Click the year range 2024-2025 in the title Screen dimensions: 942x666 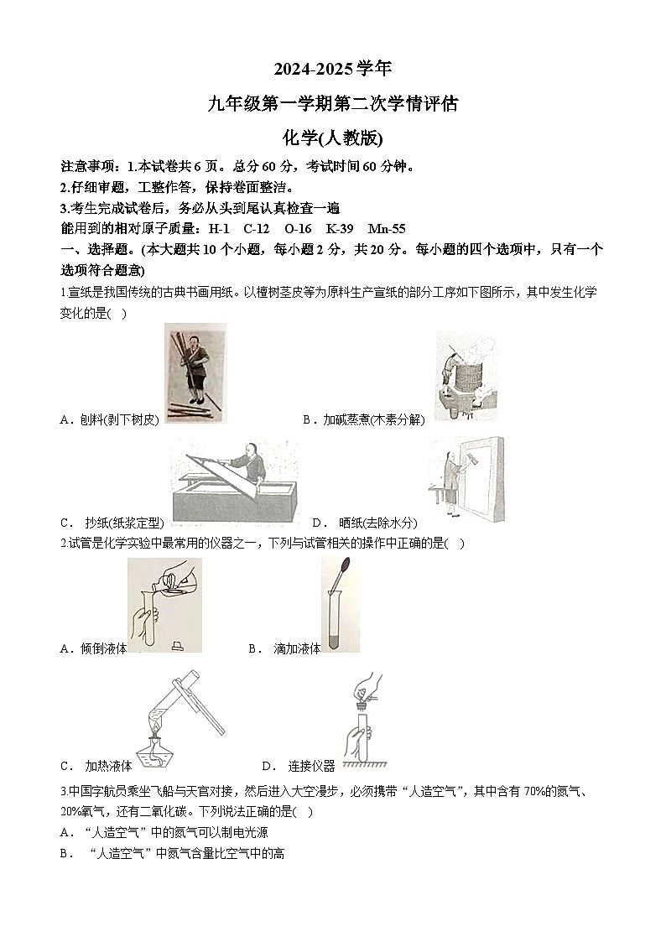309,68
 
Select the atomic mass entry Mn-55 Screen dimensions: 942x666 387,228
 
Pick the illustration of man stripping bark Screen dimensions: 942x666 195,373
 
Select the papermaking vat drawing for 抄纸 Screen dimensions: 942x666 234,482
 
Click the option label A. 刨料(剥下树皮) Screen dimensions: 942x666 109,419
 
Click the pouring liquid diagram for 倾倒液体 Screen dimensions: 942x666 164,605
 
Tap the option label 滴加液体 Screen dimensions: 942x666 297,648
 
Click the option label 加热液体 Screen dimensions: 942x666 108,766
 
